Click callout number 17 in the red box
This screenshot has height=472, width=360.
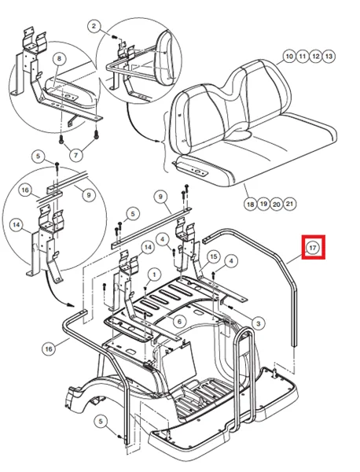(313, 248)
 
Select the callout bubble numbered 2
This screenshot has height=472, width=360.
(94, 26)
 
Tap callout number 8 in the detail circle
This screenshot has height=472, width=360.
(59, 58)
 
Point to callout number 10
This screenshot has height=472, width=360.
(289, 57)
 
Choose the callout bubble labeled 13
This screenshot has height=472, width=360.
(329, 57)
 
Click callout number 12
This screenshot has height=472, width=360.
(316, 57)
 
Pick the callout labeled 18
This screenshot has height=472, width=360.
(250, 204)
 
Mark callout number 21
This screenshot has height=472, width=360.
(289, 204)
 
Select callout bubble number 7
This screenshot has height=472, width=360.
(75, 155)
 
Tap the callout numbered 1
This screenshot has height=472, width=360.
(154, 275)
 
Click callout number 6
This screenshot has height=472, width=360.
(179, 322)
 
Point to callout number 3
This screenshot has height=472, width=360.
(258, 323)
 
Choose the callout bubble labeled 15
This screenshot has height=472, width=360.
(213, 256)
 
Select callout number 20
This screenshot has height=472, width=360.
(277, 204)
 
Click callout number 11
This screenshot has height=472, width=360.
(303, 57)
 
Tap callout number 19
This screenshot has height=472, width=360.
(263, 204)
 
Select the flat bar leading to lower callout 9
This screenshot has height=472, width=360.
(151, 228)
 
